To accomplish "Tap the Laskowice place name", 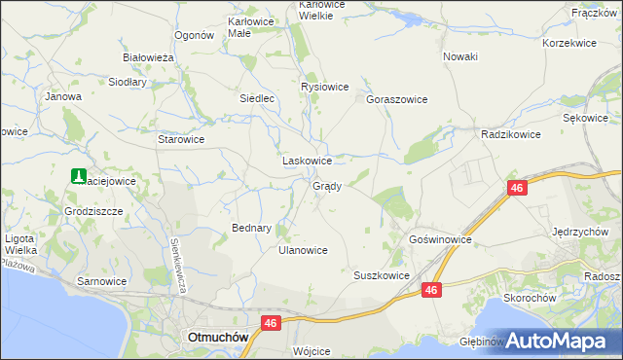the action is point(307,161).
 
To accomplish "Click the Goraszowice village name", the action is point(397,99).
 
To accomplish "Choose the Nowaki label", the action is point(460,56).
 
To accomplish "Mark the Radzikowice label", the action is point(511,135).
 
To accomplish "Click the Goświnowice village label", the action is point(440,238).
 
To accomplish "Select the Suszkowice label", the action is point(381,275).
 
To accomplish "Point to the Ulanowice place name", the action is point(303,250).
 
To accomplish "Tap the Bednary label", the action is point(251,228).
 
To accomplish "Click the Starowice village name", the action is point(181,139).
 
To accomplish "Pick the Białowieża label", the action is point(148,57).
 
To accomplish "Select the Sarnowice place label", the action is point(102,280).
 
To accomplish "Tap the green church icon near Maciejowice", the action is point(77,176).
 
